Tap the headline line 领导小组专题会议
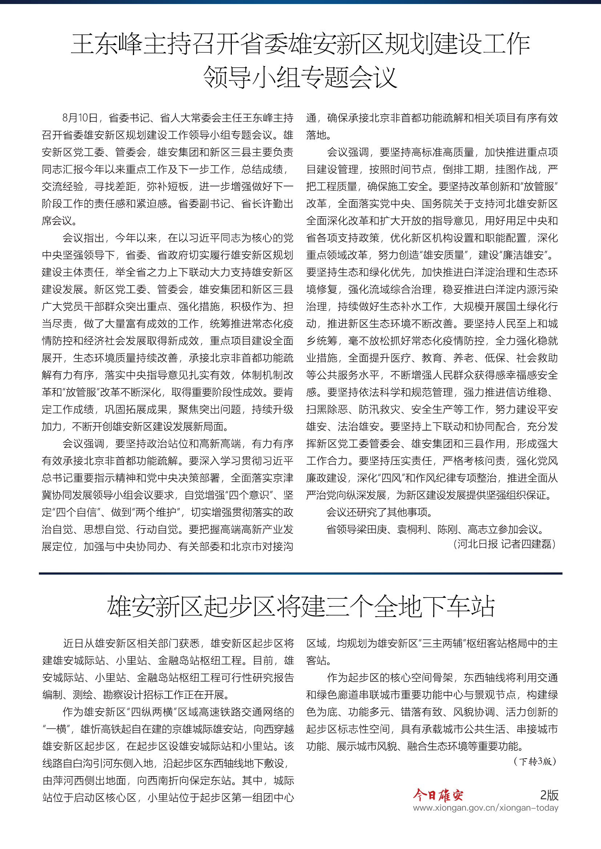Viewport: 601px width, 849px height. (300, 78)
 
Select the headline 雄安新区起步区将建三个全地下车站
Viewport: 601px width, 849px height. (300, 607)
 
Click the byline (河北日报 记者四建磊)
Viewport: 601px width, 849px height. (505, 544)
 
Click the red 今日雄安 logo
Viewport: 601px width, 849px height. (438, 795)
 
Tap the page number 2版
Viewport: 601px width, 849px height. (549, 795)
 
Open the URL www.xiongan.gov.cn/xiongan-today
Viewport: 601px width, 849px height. (485, 808)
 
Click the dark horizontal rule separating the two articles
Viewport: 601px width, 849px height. (300, 574)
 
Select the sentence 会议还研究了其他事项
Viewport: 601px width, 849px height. (379, 513)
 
